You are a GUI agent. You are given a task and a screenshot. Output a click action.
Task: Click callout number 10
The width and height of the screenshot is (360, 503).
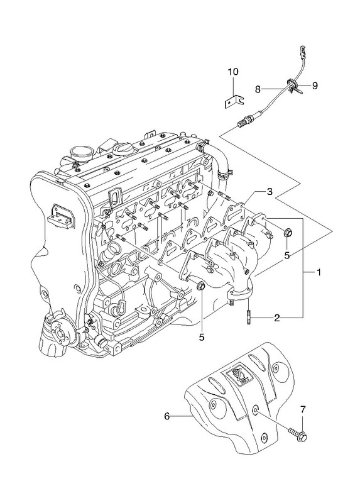(x=233, y=72)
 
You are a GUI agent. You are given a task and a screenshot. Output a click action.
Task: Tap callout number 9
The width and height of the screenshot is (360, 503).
(x=315, y=86)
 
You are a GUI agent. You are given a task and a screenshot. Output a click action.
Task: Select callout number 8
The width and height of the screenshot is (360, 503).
(x=258, y=89)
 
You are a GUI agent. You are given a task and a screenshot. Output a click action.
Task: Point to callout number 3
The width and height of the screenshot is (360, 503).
(x=270, y=192)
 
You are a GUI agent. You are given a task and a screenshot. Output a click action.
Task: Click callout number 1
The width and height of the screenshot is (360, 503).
(x=319, y=272)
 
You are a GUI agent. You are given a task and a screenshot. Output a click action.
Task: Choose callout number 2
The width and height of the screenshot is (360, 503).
(x=277, y=318)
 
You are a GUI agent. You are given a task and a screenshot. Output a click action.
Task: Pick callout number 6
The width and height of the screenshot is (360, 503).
(x=166, y=416)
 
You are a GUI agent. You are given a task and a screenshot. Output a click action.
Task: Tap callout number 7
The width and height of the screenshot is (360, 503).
(x=303, y=409)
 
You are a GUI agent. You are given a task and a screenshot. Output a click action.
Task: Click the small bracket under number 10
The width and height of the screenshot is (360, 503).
(x=234, y=101)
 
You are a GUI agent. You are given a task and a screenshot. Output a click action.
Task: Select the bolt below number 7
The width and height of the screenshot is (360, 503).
(x=298, y=433)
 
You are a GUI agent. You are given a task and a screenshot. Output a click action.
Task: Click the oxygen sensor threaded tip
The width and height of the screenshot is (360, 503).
(x=242, y=124)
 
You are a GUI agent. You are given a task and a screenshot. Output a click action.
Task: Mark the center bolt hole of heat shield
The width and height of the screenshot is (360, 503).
(x=255, y=409)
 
